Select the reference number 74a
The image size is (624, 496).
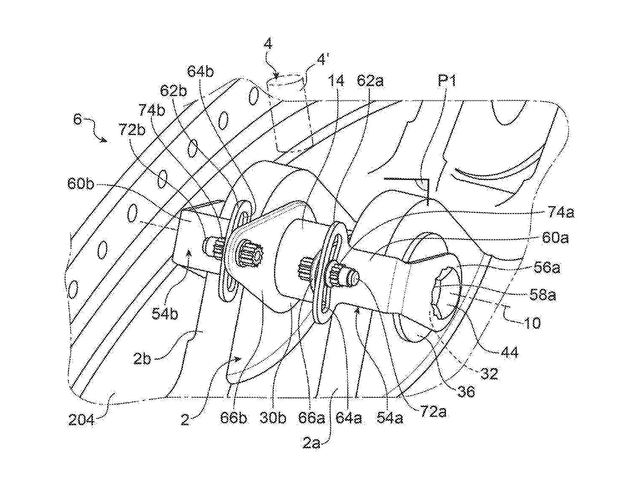pyautogui.click(x=561, y=213)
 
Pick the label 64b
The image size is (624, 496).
pyautogui.click(x=200, y=72)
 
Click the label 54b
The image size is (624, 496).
pyautogui.click(x=165, y=313)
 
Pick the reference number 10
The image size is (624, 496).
pyautogui.click(x=533, y=323)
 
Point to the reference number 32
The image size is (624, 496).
pyautogui.click(x=489, y=374)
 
